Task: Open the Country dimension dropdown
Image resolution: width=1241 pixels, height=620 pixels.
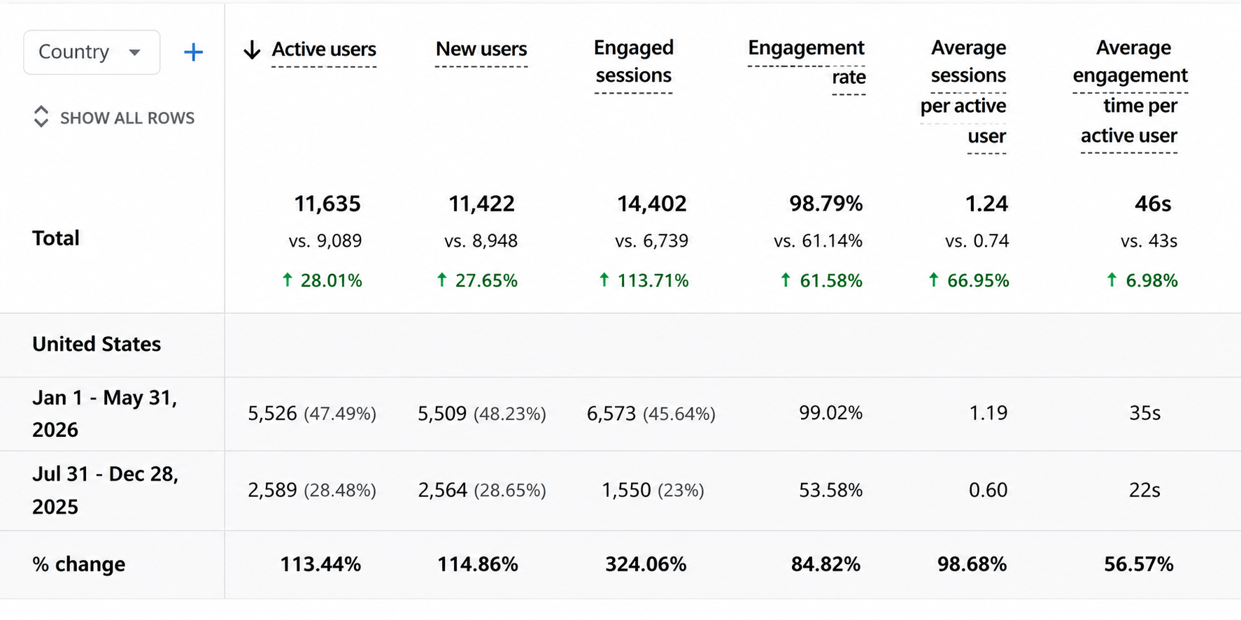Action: tap(92, 52)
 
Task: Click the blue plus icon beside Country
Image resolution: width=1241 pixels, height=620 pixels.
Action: tap(193, 52)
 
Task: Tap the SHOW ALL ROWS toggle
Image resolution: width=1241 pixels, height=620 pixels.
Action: tap(114, 117)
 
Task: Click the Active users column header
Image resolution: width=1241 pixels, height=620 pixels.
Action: tap(324, 50)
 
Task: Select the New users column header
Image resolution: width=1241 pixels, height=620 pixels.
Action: tap(481, 50)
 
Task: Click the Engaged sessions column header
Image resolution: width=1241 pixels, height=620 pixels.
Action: tap(634, 62)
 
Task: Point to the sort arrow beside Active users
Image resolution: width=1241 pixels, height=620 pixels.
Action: tap(252, 50)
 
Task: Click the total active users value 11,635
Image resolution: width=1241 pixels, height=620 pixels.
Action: tap(327, 204)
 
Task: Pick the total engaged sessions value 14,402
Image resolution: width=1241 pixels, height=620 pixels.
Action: tap(651, 204)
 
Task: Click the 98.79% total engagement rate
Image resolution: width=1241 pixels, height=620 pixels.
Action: tap(826, 204)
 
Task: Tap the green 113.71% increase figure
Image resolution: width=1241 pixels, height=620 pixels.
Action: tap(644, 281)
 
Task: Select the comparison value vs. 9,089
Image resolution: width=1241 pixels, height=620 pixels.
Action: tap(325, 241)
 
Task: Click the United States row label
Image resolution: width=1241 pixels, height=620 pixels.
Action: tap(97, 345)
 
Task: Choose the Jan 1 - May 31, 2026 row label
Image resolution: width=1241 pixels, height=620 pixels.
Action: tap(105, 414)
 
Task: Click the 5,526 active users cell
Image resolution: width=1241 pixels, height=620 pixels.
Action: tap(272, 414)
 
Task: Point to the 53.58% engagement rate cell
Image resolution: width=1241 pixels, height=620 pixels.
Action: tap(831, 491)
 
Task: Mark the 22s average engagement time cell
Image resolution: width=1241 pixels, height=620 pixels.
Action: tap(1144, 491)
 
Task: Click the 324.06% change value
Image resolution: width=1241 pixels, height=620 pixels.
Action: tap(646, 565)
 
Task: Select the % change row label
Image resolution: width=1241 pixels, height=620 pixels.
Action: tap(79, 565)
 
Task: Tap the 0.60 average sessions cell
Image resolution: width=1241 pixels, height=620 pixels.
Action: tap(988, 491)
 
